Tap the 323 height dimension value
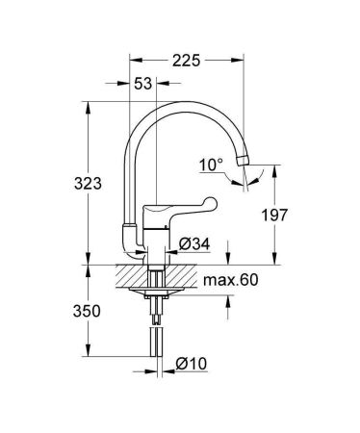point(90,184)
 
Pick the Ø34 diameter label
point(196,243)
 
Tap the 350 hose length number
point(90,311)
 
